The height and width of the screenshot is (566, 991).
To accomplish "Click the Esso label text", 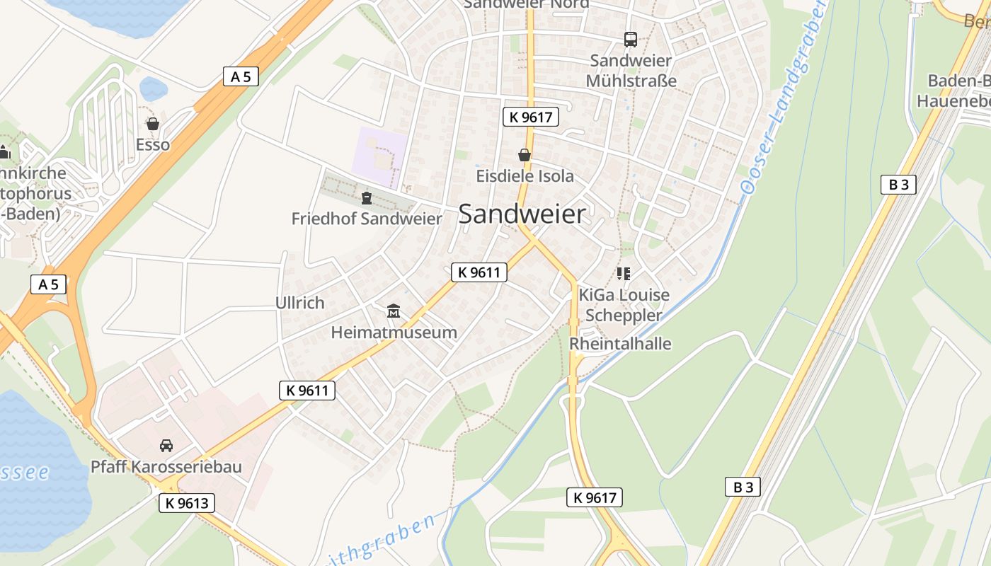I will (153, 145).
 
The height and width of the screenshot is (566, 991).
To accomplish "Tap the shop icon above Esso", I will (153, 124).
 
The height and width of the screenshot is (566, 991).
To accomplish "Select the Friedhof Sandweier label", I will (367, 219).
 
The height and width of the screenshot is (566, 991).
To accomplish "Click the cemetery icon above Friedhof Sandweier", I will (367, 197).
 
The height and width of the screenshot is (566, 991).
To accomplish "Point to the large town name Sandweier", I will (522, 214).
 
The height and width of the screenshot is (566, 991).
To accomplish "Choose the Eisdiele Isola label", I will (525, 175).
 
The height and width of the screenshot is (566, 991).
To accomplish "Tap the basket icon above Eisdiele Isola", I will (525, 155).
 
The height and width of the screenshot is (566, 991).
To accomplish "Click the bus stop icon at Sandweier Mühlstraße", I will (630, 40).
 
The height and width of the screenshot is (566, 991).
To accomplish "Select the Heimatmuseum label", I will (394, 332).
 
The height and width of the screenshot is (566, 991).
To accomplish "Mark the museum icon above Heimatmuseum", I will (394, 311).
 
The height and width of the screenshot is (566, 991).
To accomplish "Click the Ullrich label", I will (299, 303).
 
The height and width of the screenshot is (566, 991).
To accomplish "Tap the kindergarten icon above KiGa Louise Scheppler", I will (624, 273).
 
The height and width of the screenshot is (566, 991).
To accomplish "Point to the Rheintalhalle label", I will (620, 344).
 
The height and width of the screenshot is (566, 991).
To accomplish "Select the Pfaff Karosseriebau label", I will (166, 467).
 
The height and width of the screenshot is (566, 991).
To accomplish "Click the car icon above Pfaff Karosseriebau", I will (166, 446).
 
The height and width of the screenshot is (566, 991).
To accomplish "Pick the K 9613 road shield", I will (186, 503).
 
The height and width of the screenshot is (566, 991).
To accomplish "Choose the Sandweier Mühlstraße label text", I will (631, 71).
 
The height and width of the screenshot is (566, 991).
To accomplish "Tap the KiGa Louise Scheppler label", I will (624, 305).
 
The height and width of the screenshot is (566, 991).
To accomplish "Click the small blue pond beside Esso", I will (153, 89).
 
